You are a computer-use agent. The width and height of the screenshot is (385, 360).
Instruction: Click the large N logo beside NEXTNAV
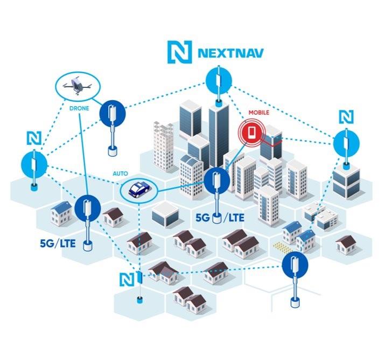pos(178,53)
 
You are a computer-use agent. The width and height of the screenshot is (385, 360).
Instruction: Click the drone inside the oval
pos(75,85)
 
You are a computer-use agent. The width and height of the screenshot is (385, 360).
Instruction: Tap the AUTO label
pos(120,174)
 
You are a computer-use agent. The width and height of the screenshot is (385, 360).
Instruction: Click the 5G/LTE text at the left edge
pos(58,243)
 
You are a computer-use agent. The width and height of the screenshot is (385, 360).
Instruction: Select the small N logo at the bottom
pos(126,279)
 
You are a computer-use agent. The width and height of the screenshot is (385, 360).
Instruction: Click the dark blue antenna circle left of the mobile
pos(218,181)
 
